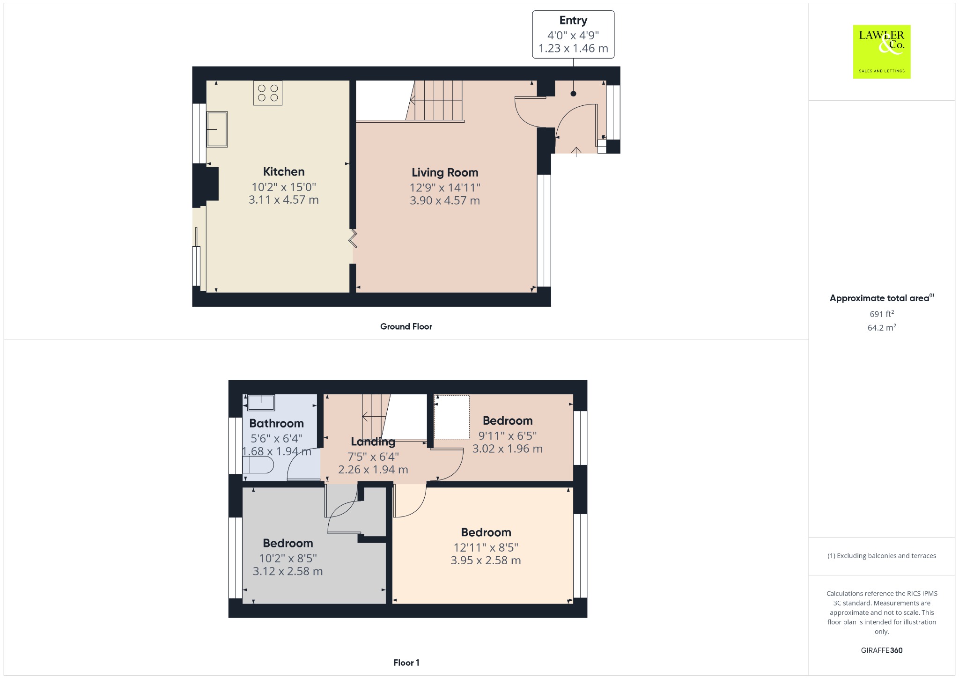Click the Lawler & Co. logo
pyautogui.click(x=881, y=52)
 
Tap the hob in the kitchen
pyautogui.click(x=268, y=93)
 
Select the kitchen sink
pyautogui.click(x=217, y=129)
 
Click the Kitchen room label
pyautogui.click(x=284, y=171)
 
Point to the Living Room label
pyautogui.click(x=445, y=172)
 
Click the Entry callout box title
pyautogui.click(x=573, y=21)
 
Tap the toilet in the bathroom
pyautogui.click(x=258, y=465)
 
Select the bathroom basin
pyautogui.click(x=261, y=403)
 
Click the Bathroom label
pyautogui.click(x=276, y=423)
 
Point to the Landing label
pyautogui.click(x=373, y=442)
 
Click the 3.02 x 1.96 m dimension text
pyautogui.click(x=508, y=449)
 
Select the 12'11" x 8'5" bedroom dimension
pyautogui.click(x=486, y=547)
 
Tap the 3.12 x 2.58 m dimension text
pyautogui.click(x=288, y=571)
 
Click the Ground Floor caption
pyautogui.click(x=406, y=326)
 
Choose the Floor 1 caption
pyautogui.click(x=406, y=663)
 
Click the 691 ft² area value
pyautogui.click(x=882, y=314)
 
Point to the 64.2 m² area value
pyautogui.click(x=882, y=327)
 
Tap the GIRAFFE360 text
pyautogui.click(x=882, y=650)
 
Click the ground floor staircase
pyautogui.click(x=435, y=101)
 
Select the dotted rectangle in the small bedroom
pyautogui.click(x=452, y=417)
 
